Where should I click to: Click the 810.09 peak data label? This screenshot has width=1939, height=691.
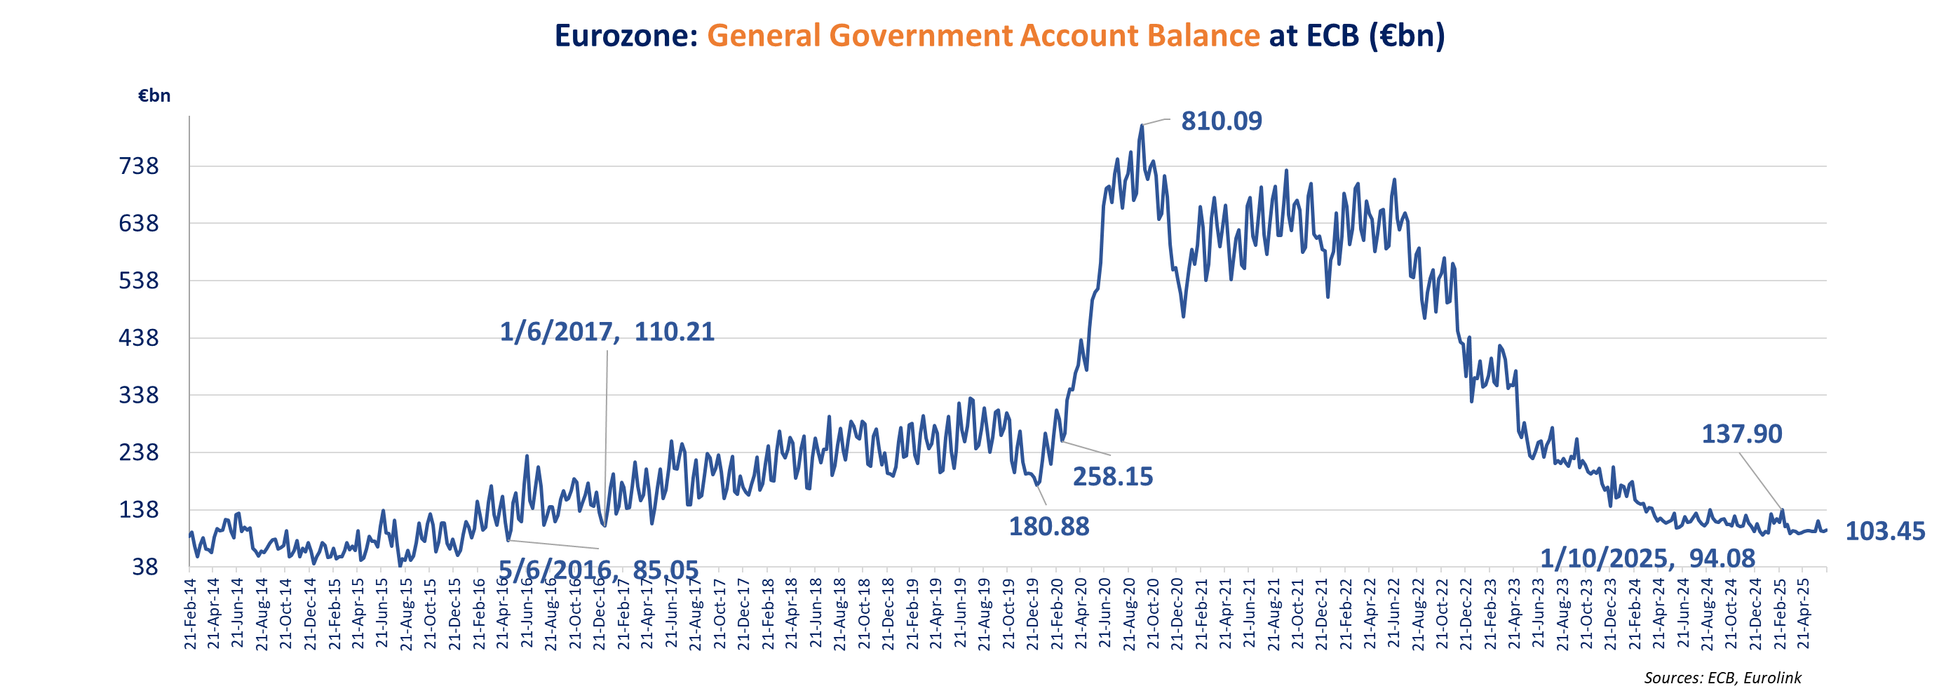coord(1221,121)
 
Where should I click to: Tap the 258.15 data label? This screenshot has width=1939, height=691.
coord(1112,476)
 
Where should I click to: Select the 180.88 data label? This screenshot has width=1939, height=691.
coord(1048,527)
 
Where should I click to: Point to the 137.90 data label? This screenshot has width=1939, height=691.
coord(1742,434)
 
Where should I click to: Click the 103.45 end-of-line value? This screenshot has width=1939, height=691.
coord(1885,532)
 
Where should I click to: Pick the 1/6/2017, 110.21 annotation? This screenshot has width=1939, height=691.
coord(607,332)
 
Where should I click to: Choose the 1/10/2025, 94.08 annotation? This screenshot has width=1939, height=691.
coord(1647,558)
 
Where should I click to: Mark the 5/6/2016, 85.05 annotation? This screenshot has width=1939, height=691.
coord(598,570)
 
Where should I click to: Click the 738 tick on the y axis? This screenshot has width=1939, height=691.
coord(140,166)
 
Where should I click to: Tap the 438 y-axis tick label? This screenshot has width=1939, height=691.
coord(140,338)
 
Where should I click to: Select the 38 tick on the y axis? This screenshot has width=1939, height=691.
coord(145,567)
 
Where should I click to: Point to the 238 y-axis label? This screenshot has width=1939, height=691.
coord(140,452)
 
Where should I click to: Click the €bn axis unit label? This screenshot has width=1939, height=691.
coord(154,95)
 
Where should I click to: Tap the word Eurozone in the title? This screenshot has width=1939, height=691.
coord(626,35)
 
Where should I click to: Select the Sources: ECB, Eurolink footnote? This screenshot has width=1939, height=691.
coord(1722,678)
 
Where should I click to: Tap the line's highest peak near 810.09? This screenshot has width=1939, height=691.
coord(1142,126)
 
